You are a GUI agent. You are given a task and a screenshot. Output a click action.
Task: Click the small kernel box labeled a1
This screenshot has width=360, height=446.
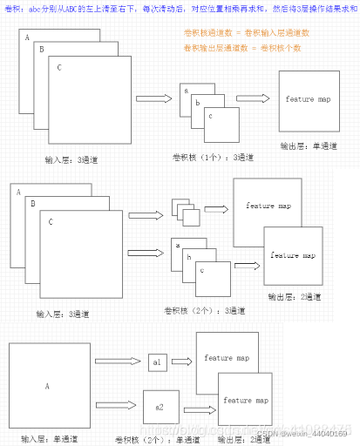coord(157,362)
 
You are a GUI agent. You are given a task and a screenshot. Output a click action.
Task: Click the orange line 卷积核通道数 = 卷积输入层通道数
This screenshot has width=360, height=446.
coord(247,31)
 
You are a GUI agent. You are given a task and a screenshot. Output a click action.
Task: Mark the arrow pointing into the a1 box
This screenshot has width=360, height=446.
coord(117,362)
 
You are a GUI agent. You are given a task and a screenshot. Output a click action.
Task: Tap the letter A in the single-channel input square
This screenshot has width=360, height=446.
coord(47,384)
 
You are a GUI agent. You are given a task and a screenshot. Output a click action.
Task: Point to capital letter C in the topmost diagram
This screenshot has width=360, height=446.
coord(58,67)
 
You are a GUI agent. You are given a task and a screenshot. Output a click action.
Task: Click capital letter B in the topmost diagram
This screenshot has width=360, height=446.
coord(42,51)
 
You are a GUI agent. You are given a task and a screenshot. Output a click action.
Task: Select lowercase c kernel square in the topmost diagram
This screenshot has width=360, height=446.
coord(221,124)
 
